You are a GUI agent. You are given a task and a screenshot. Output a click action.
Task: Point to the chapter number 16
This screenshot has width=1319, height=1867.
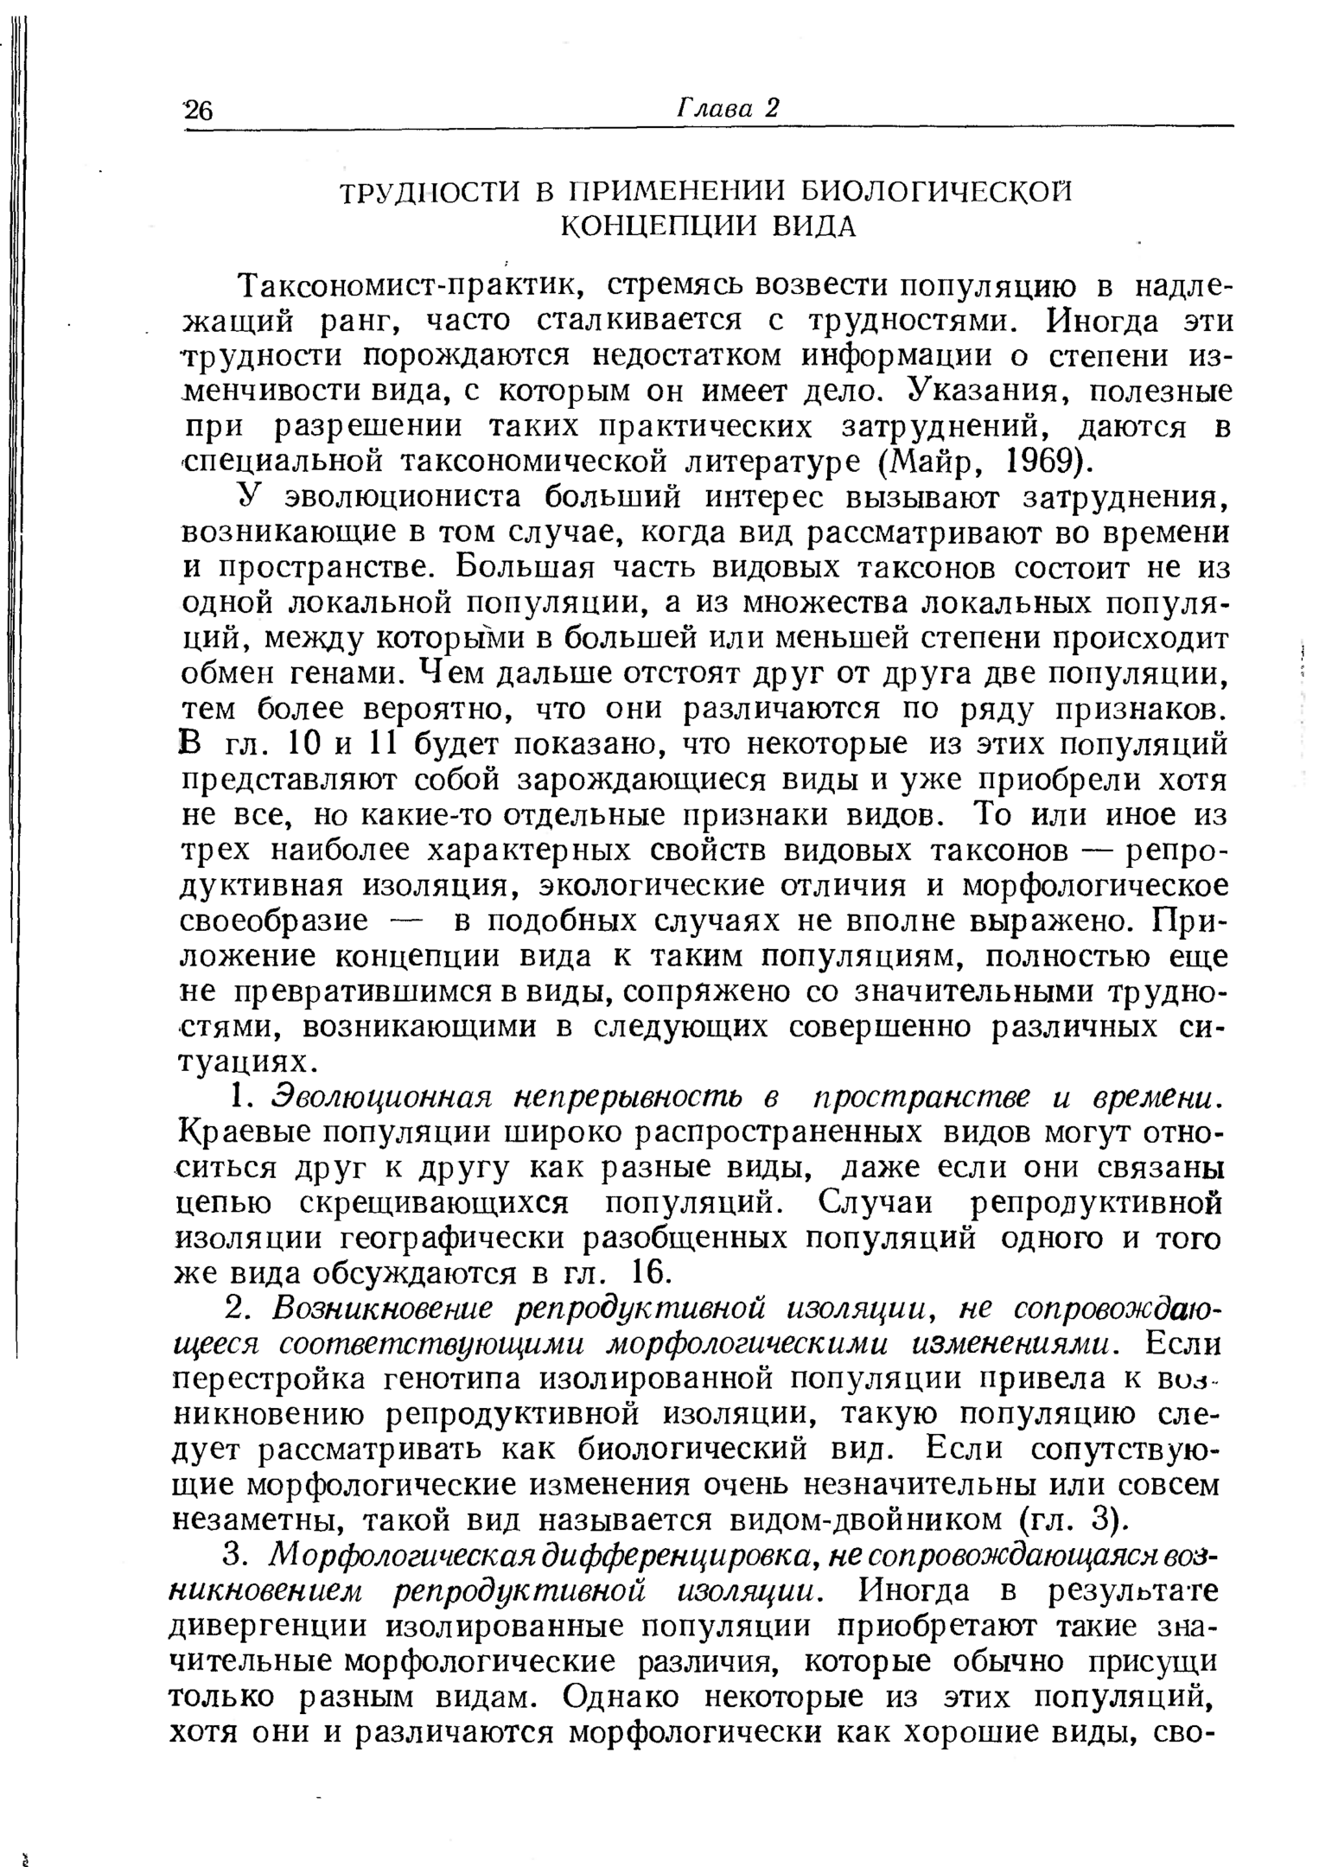[x=647, y=1273]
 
